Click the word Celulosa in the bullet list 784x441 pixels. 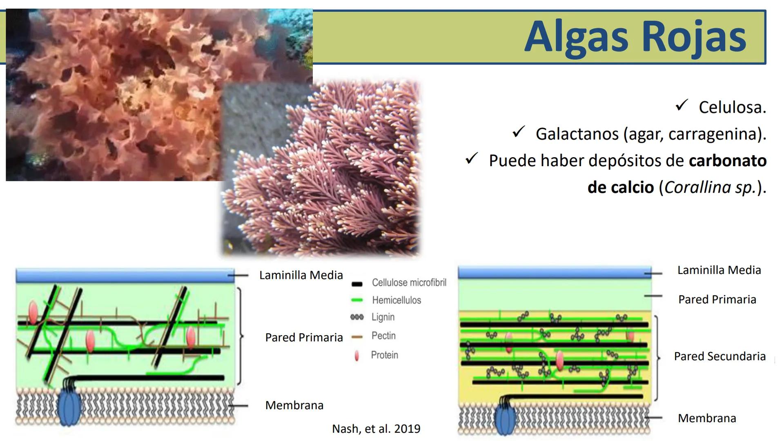pyautogui.click(x=732, y=107)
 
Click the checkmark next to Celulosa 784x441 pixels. pyautogui.click(x=682, y=105)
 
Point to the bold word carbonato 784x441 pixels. pyautogui.click(x=727, y=160)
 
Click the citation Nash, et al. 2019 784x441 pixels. pyautogui.click(x=376, y=429)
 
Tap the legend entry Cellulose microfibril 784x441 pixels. pyautogui.click(x=409, y=283)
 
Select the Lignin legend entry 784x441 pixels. pyautogui.click(x=383, y=317)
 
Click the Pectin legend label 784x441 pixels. pyautogui.click(x=383, y=336)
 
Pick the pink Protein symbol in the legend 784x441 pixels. pyautogui.click(x=357, y=356)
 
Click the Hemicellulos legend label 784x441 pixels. pyautogui.click(x=396, y=300)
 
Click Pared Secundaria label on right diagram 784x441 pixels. pyautogui.click(x=719, y=356)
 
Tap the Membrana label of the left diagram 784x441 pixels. pyautogui.click(x=294, y=405)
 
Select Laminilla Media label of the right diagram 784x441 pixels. pyautogui.click(x=719, y=270)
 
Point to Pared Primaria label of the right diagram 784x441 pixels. pyautogui.click(x=717, y=299)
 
